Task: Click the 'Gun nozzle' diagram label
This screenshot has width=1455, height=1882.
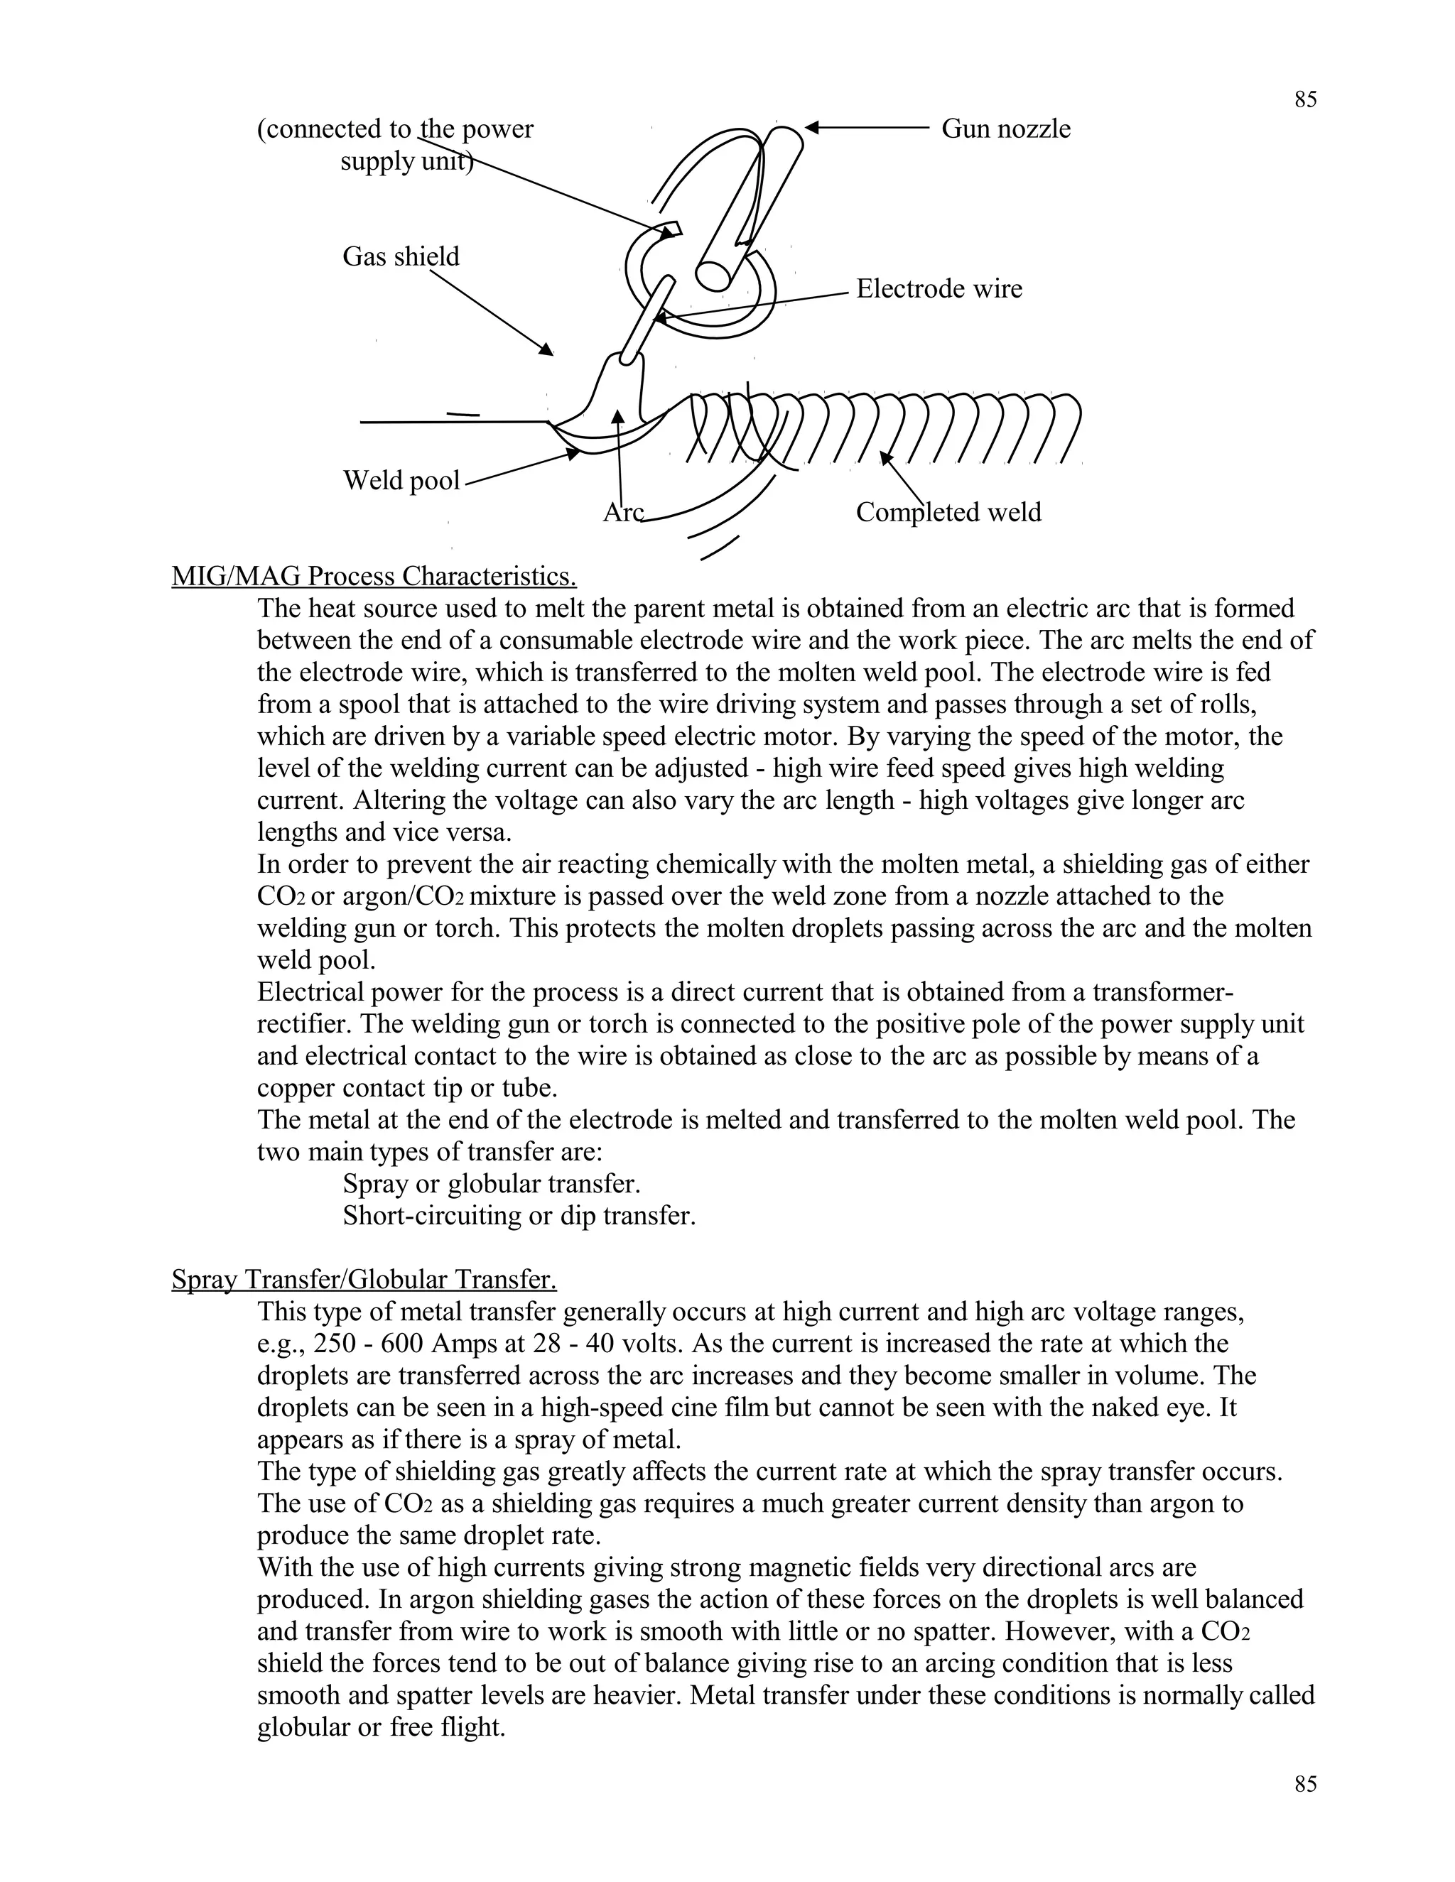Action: point(1005,129)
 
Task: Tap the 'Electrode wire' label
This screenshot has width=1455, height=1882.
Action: point(939,288)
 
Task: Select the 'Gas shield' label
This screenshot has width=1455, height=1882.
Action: point(401,257)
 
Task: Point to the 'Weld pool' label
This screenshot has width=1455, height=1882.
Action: point(401,480)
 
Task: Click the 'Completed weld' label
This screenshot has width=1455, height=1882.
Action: point(948,513)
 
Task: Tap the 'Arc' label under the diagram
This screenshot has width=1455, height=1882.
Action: point(622,513)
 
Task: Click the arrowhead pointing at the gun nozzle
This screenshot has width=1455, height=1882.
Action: point(813,129)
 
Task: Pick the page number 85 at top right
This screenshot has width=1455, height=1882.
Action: point(1305,100)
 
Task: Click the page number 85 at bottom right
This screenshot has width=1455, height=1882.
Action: point(1305,1784)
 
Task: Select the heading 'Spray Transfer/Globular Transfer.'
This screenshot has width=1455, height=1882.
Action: point(364,1280)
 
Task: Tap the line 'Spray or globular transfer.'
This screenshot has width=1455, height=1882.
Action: point(492,1184)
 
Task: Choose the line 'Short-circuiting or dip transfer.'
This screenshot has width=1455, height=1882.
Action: point(519,1216)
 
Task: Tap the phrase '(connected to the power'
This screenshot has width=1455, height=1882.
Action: point(395,129)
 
